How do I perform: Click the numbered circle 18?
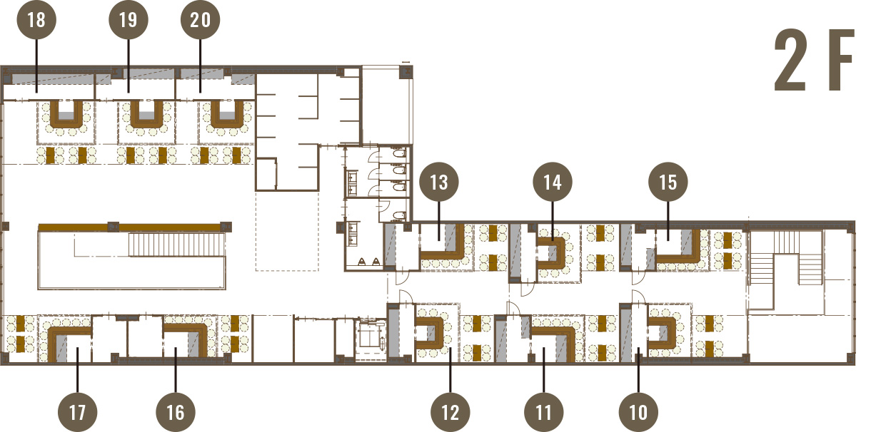point(36,20)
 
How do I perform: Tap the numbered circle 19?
point(129,20)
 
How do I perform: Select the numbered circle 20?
point(200,20)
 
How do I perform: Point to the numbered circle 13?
point(439,182)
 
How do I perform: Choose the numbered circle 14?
point(553,182)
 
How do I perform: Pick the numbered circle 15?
point(668,182)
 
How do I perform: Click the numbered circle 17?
point(77,412)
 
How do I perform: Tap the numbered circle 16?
point(176,412)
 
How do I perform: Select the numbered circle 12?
point(450,412)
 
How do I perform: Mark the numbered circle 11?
point(543,412)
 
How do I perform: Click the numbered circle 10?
point(638,412)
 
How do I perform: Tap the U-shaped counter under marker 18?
point(66,124)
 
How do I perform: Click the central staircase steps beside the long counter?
point(176,245)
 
